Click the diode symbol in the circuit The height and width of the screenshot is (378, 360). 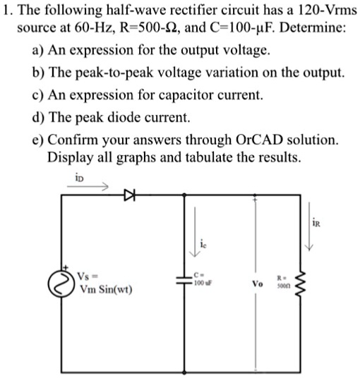tap(128, 192)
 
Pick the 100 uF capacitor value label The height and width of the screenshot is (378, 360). tap(203, 281)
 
